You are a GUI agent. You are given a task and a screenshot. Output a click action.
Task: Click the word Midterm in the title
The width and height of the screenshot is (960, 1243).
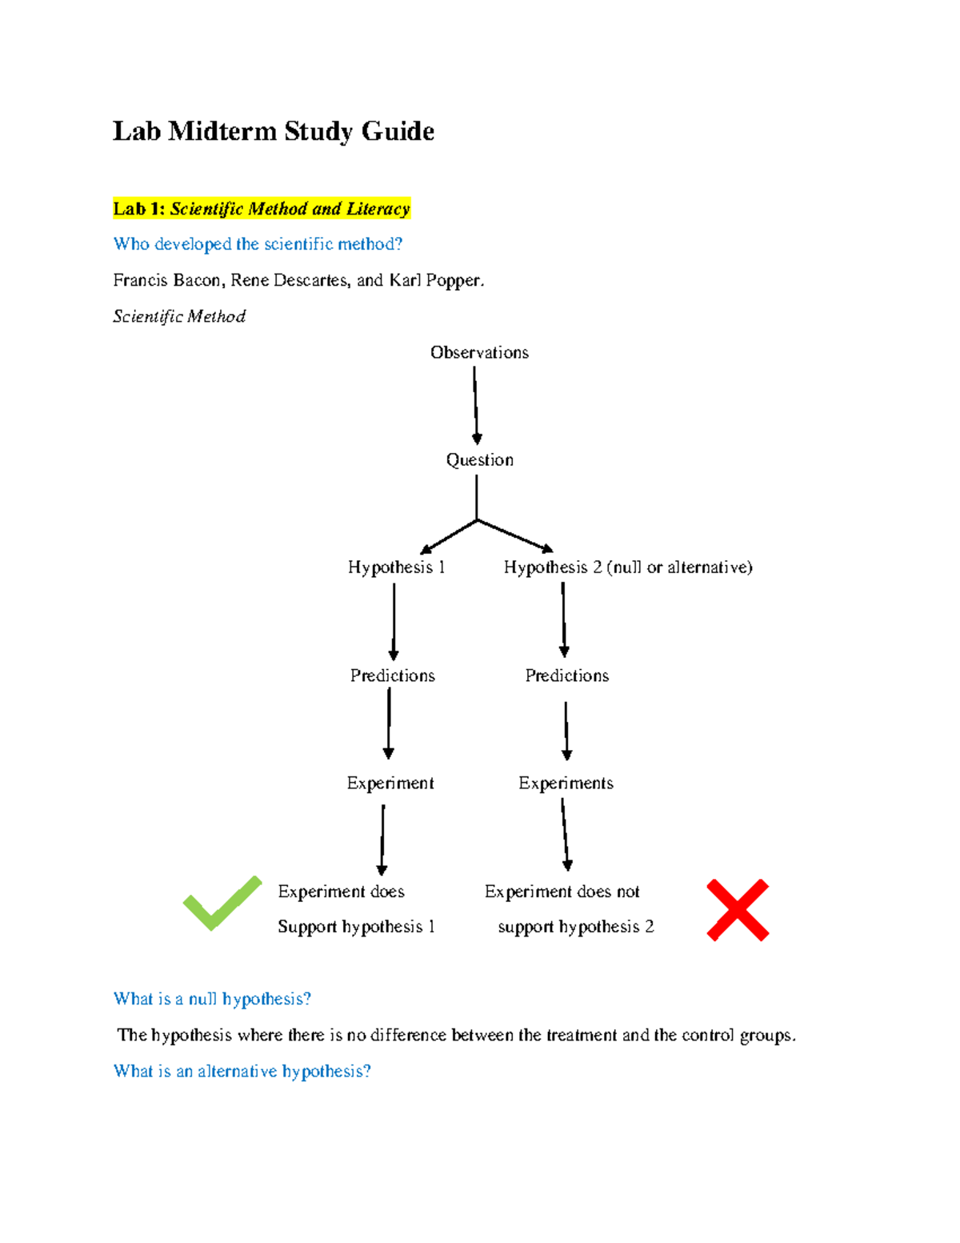tap(222, 131)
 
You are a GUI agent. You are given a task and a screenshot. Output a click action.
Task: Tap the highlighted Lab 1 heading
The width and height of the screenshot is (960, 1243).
tap(261, 209)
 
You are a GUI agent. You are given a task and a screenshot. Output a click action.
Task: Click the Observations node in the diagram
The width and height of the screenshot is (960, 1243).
tap(479, 352)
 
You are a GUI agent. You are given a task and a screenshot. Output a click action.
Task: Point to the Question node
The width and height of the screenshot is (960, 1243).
tap(479, 460)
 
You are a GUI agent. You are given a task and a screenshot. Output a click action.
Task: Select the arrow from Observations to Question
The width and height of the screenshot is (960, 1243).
tap(475, 405)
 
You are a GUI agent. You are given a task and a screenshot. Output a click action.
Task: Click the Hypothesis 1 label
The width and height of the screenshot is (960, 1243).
tap(396, 567)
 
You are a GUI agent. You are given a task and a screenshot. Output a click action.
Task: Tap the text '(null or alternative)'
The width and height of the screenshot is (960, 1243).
tap(679, 567)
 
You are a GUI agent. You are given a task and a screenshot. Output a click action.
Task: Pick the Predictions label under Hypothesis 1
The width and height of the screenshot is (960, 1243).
tap(392, 676)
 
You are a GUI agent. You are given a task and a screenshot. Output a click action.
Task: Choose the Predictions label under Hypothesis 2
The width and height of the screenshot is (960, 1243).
tap(566, 676)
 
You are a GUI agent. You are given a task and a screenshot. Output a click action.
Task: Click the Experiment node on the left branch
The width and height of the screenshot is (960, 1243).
tap(390, 783)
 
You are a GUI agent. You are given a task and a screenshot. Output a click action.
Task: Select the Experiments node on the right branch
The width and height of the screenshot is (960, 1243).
tap(566, 783)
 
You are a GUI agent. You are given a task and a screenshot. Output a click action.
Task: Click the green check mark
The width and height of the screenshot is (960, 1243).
tap(222, 904)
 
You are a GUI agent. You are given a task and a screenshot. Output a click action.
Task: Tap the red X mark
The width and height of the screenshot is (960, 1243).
tap(738, 910)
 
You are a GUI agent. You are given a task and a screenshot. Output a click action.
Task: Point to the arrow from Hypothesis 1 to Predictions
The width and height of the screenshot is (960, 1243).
tap(394, 621)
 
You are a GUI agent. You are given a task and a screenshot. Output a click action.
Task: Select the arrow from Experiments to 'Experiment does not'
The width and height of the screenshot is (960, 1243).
tap(565, 834)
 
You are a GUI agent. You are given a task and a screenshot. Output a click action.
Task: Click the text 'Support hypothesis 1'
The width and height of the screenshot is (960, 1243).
tap(356, 927)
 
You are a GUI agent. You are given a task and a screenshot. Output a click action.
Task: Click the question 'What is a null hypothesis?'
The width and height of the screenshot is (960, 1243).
tap(212, 999)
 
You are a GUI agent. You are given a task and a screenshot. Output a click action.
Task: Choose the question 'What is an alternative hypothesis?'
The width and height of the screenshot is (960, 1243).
tap(242, 1071)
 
